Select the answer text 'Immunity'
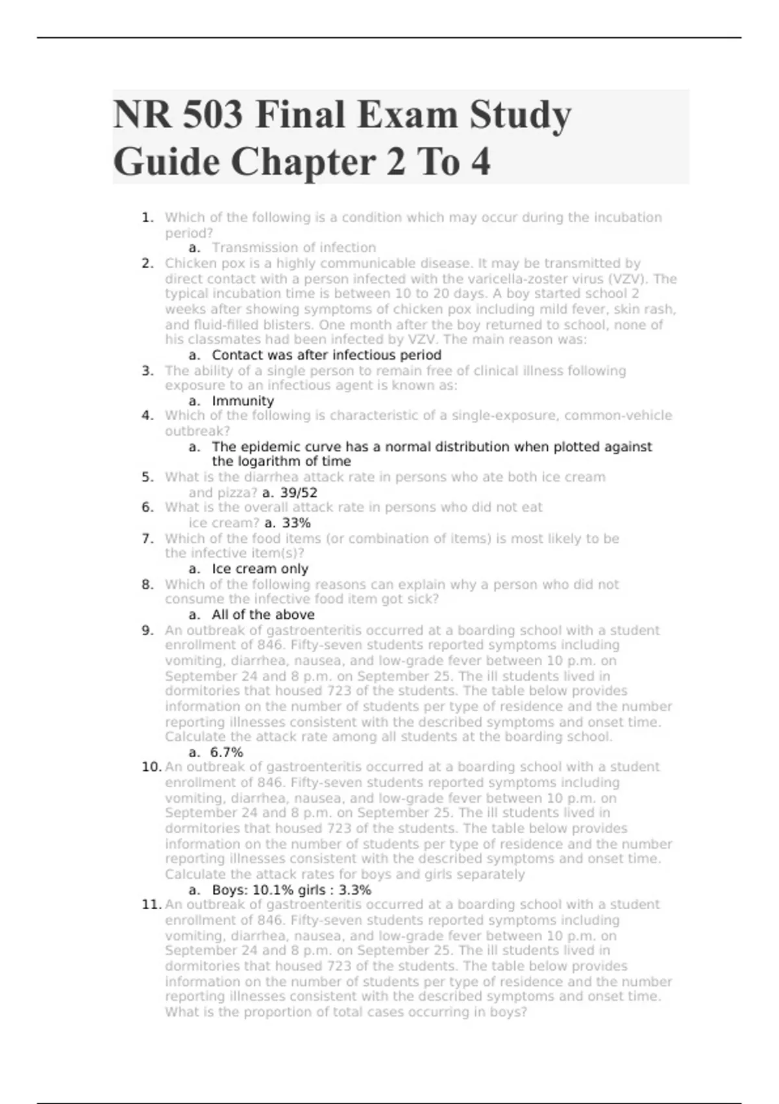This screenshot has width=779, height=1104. click(243, 401)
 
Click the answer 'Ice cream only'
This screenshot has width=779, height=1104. click(260, 569)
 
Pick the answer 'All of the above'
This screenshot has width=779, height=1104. click(263, 614)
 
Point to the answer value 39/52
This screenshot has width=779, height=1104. click(299, 492)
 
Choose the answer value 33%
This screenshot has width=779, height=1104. click(296, 523)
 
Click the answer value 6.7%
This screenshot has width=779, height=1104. click(227, 752)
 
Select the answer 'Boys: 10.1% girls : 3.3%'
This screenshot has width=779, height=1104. click(291, 890)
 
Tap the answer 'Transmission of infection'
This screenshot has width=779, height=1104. click(293, 247)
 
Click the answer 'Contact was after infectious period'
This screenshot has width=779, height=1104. click(327, 355)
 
